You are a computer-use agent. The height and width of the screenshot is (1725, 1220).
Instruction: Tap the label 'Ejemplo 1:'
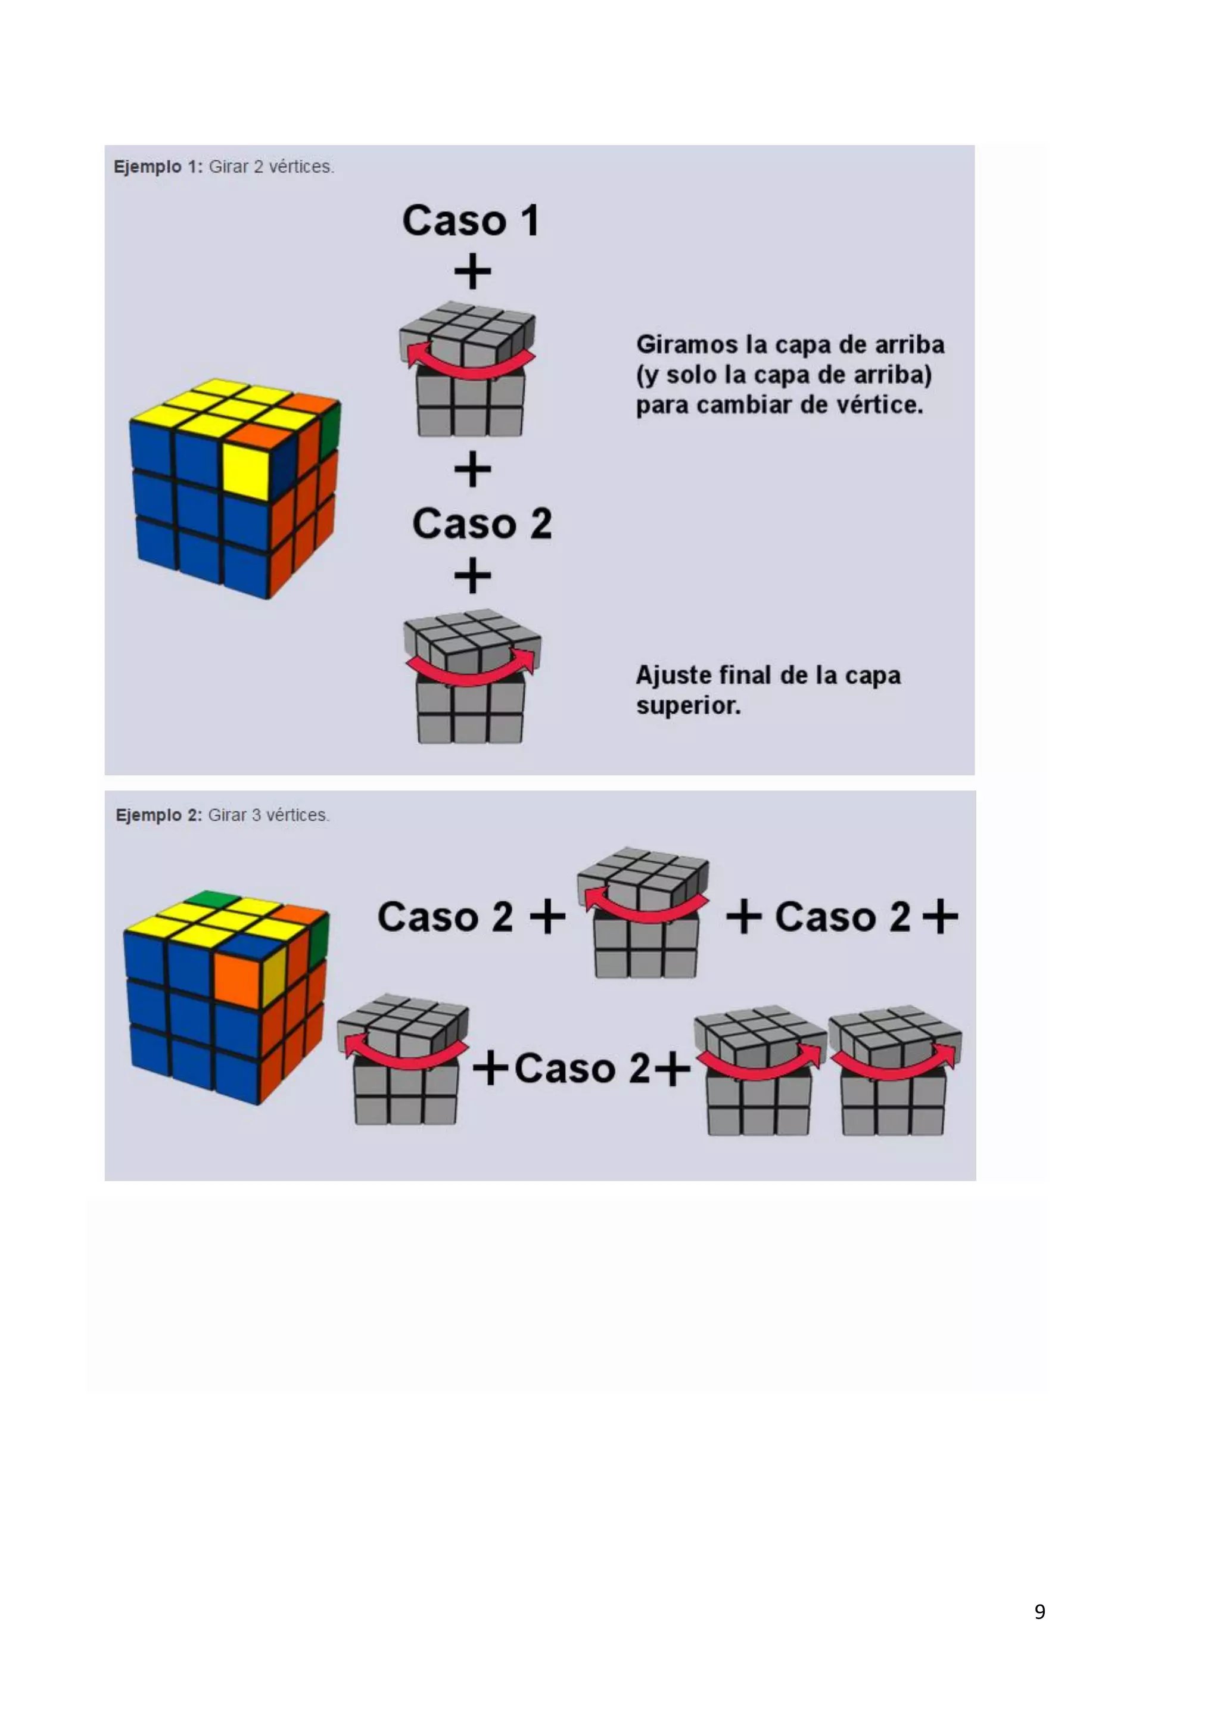click(158, 167)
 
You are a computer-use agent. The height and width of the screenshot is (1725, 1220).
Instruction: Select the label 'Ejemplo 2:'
click(158, 815)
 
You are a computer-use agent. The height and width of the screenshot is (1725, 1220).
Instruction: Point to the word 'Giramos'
click(687, 345)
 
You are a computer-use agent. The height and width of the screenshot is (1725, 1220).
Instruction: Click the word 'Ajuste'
click(673, 675)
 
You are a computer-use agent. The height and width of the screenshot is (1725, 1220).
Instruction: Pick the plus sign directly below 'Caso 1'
click(472, 271)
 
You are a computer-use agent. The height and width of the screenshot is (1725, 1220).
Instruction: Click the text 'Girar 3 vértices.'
click(268, 815)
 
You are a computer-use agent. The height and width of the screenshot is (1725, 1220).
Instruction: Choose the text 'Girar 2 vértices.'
click(271, 167)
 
